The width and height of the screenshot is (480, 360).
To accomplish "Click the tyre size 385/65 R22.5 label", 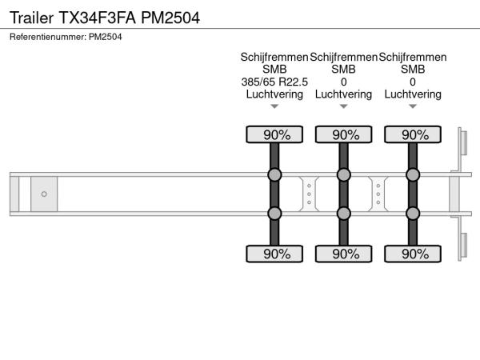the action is tap(274, 82).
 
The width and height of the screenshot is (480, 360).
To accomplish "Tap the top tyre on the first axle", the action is tap(274, 134).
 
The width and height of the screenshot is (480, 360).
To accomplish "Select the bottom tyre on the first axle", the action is tap(274, 254).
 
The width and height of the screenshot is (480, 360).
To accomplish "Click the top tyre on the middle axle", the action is tap(343, 134).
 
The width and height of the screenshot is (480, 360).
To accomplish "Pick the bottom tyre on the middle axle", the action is tap(343, 254).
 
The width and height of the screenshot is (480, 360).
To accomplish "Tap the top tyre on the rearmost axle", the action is tap(413, 134).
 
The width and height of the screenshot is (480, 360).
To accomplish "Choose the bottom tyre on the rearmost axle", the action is tap(413, 254).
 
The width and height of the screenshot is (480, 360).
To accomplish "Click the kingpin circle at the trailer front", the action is tap(44, 194).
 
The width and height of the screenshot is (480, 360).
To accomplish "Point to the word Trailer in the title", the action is tap(31, 18).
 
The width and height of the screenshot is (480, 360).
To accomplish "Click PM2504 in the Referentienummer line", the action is tap(106, 37).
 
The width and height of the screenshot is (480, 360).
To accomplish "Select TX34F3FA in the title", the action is tap(97, 18).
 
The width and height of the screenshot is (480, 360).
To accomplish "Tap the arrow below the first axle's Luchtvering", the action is tap(274, 106).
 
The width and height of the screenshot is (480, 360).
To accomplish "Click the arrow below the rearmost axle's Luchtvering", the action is tap(413, 106).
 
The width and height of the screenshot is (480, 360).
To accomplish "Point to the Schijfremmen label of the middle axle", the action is tap(343, 58).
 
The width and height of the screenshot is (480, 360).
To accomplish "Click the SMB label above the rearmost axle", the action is tap(413, 70).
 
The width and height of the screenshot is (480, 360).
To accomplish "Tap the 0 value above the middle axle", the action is tap(343, 82).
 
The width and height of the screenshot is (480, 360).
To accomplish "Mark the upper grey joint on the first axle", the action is tap(274, 174).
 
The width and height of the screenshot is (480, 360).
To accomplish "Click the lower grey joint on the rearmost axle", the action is tap(413, 214).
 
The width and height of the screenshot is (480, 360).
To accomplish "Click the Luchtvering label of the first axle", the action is tap(274, 94).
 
